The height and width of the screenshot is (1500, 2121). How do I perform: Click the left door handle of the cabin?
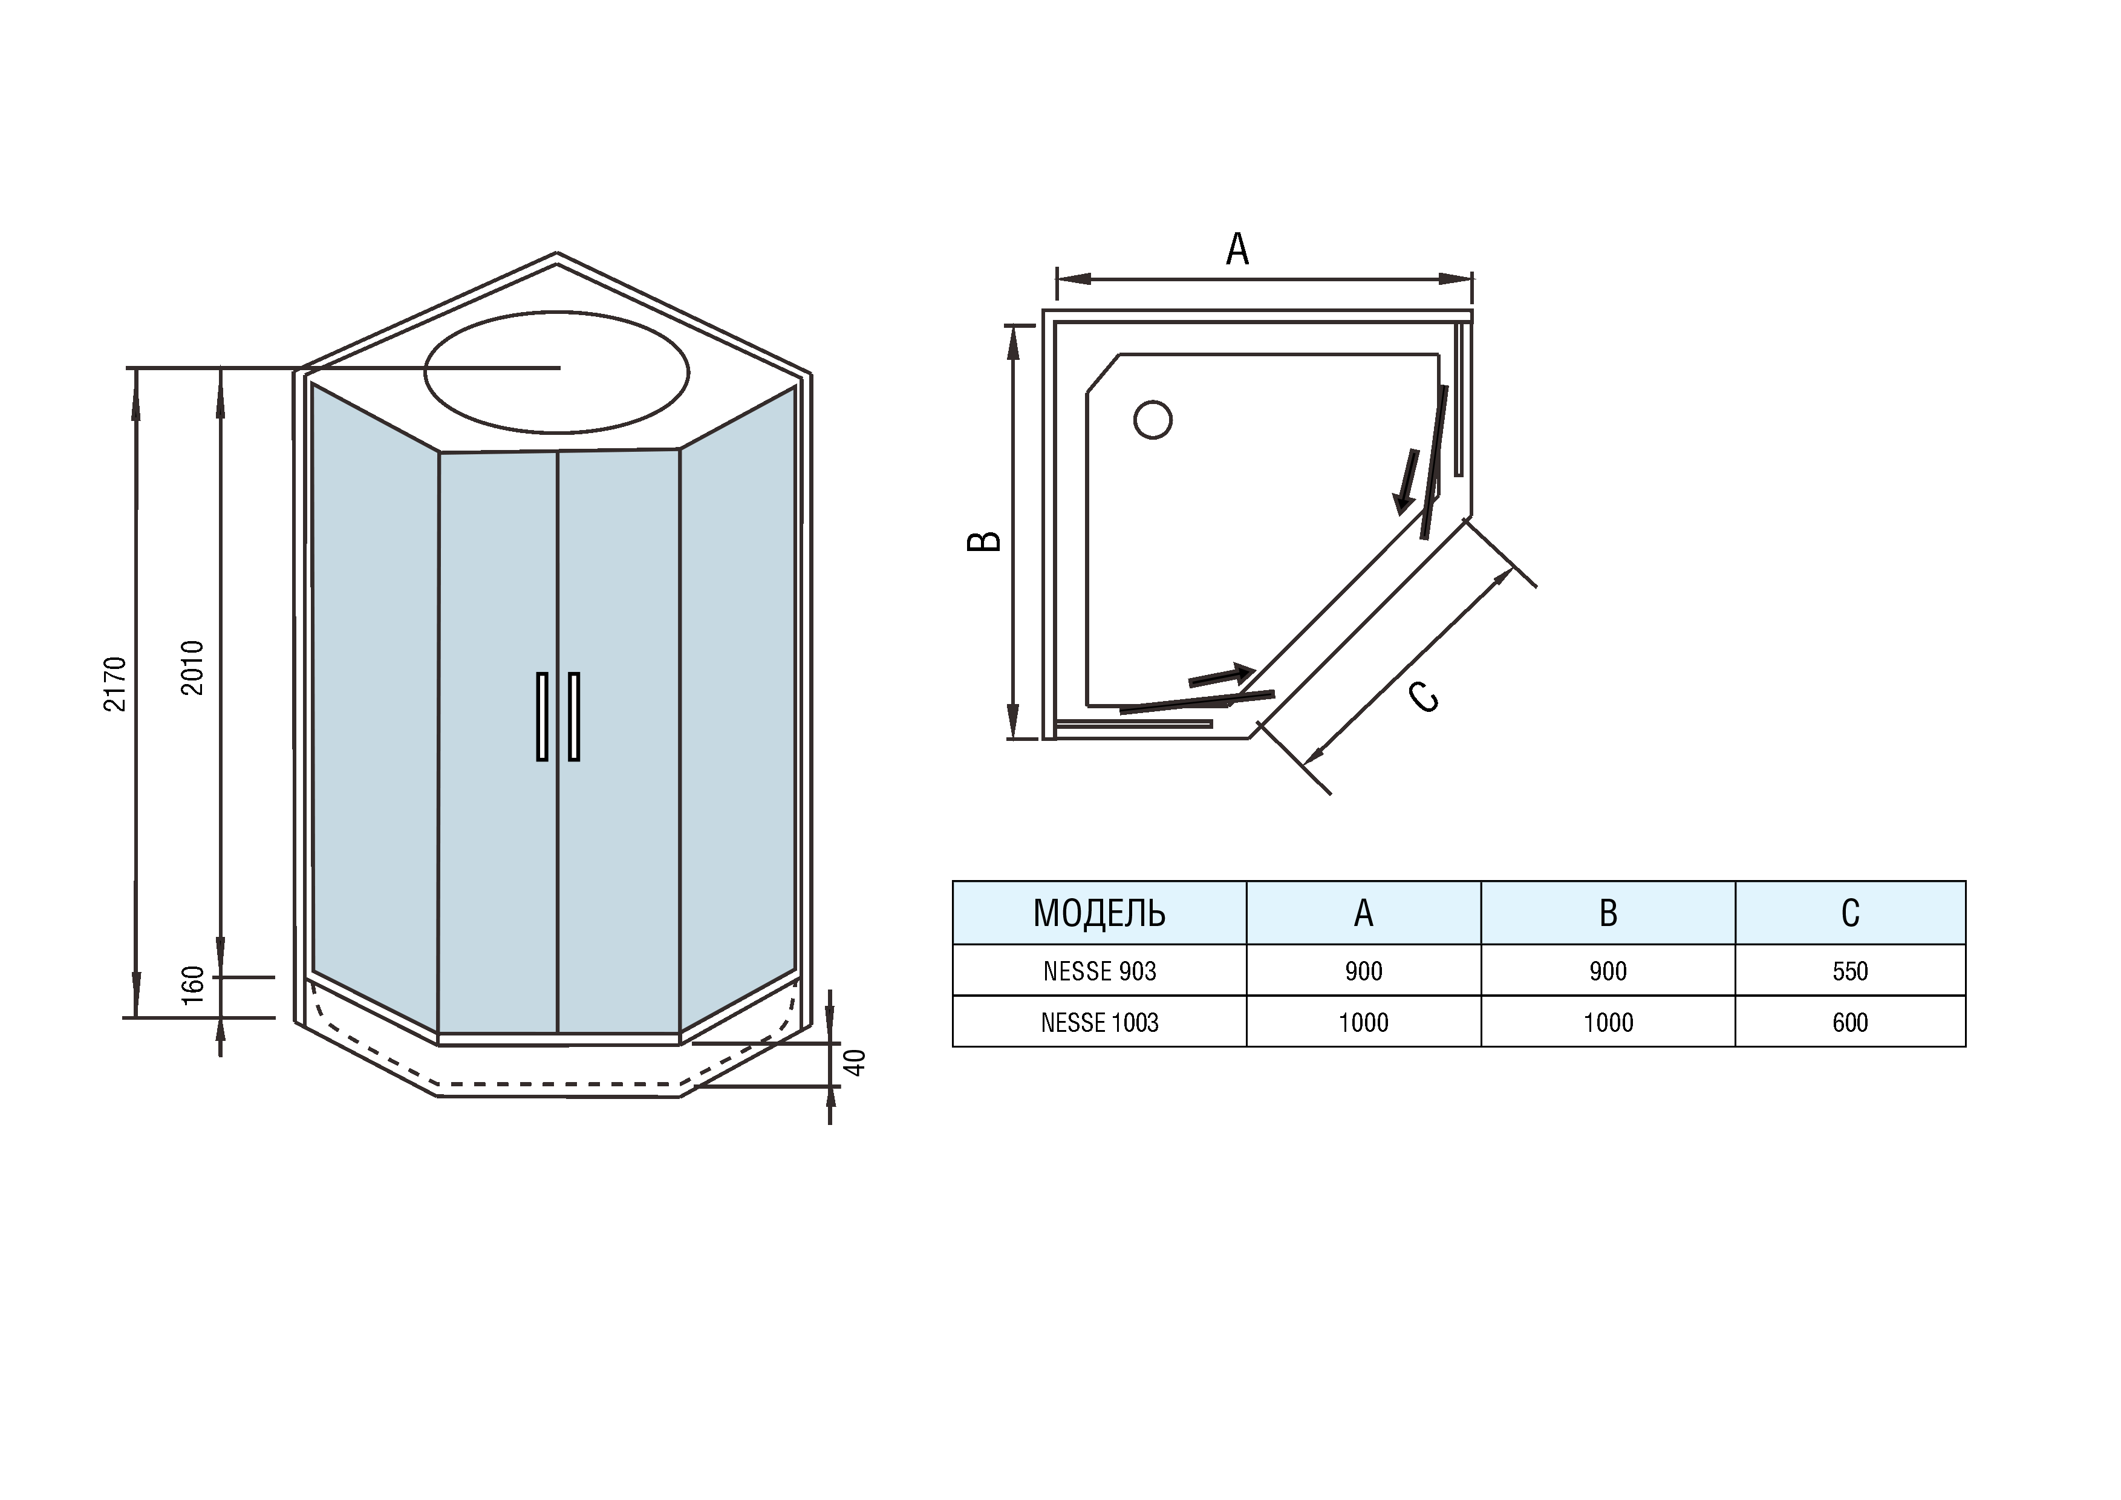[542, 717]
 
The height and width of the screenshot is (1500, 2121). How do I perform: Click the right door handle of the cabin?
[574, 717]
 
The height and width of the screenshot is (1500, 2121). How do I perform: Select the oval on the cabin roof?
[556, 372]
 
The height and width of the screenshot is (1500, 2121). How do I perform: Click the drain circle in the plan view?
[1153, 419]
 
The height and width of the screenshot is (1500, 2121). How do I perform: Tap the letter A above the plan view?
[1237, 249]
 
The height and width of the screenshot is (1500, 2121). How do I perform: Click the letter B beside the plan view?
[984, 541]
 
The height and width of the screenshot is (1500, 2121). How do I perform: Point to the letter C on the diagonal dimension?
[1424, 696]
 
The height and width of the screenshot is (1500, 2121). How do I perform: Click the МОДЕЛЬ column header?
[1100, 913]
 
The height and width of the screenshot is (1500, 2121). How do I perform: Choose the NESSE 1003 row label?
[1100, 1022]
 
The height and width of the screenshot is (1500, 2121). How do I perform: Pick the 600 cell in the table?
[1850, 1022]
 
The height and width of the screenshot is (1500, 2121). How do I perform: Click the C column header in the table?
[1850, 913]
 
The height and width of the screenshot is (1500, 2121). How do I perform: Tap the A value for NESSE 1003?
[1363, 1022]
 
